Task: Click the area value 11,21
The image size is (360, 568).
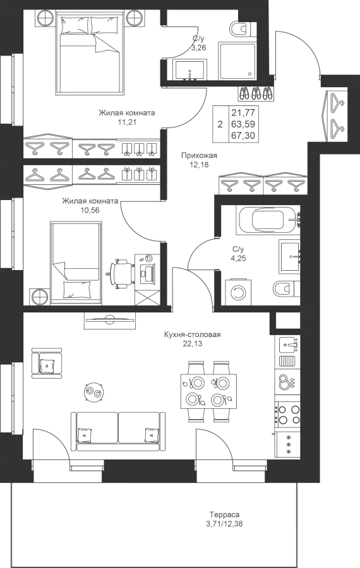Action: (x=126, y=122)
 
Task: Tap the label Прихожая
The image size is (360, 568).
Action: (x=199, y=156)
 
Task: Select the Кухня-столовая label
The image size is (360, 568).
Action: (x=192, y=334)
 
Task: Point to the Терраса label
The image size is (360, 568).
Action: (x=224, y=514)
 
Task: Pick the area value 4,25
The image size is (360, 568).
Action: (x=238, y=258)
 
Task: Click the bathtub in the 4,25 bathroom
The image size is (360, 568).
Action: (x=268, y=220)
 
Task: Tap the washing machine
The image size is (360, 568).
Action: (x=238, y=292)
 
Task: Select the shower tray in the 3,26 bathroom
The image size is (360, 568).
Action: (x=237, y=61)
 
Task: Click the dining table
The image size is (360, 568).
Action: (x=209, y=391)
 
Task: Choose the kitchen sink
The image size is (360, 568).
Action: (x=289, y=344)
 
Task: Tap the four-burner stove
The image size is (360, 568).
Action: (x=288, y=415)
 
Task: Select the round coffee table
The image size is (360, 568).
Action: (x=95, y=393)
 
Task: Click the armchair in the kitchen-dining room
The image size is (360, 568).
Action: (x=47, y=364)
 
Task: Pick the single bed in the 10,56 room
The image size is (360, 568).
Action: (x=75, y=263)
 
